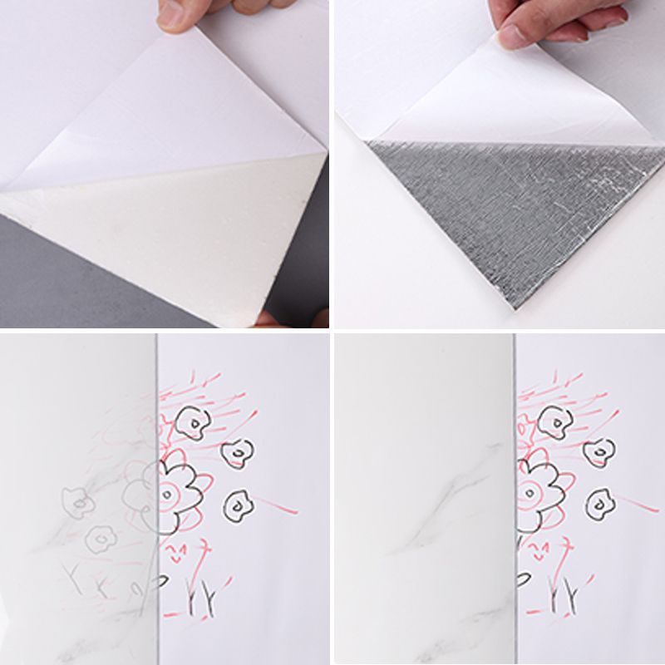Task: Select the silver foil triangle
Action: coord(515,208)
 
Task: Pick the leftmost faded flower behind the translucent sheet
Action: coord(79,501)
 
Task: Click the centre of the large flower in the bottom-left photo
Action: coord(169,495)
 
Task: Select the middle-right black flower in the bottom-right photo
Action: coord(597,452)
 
